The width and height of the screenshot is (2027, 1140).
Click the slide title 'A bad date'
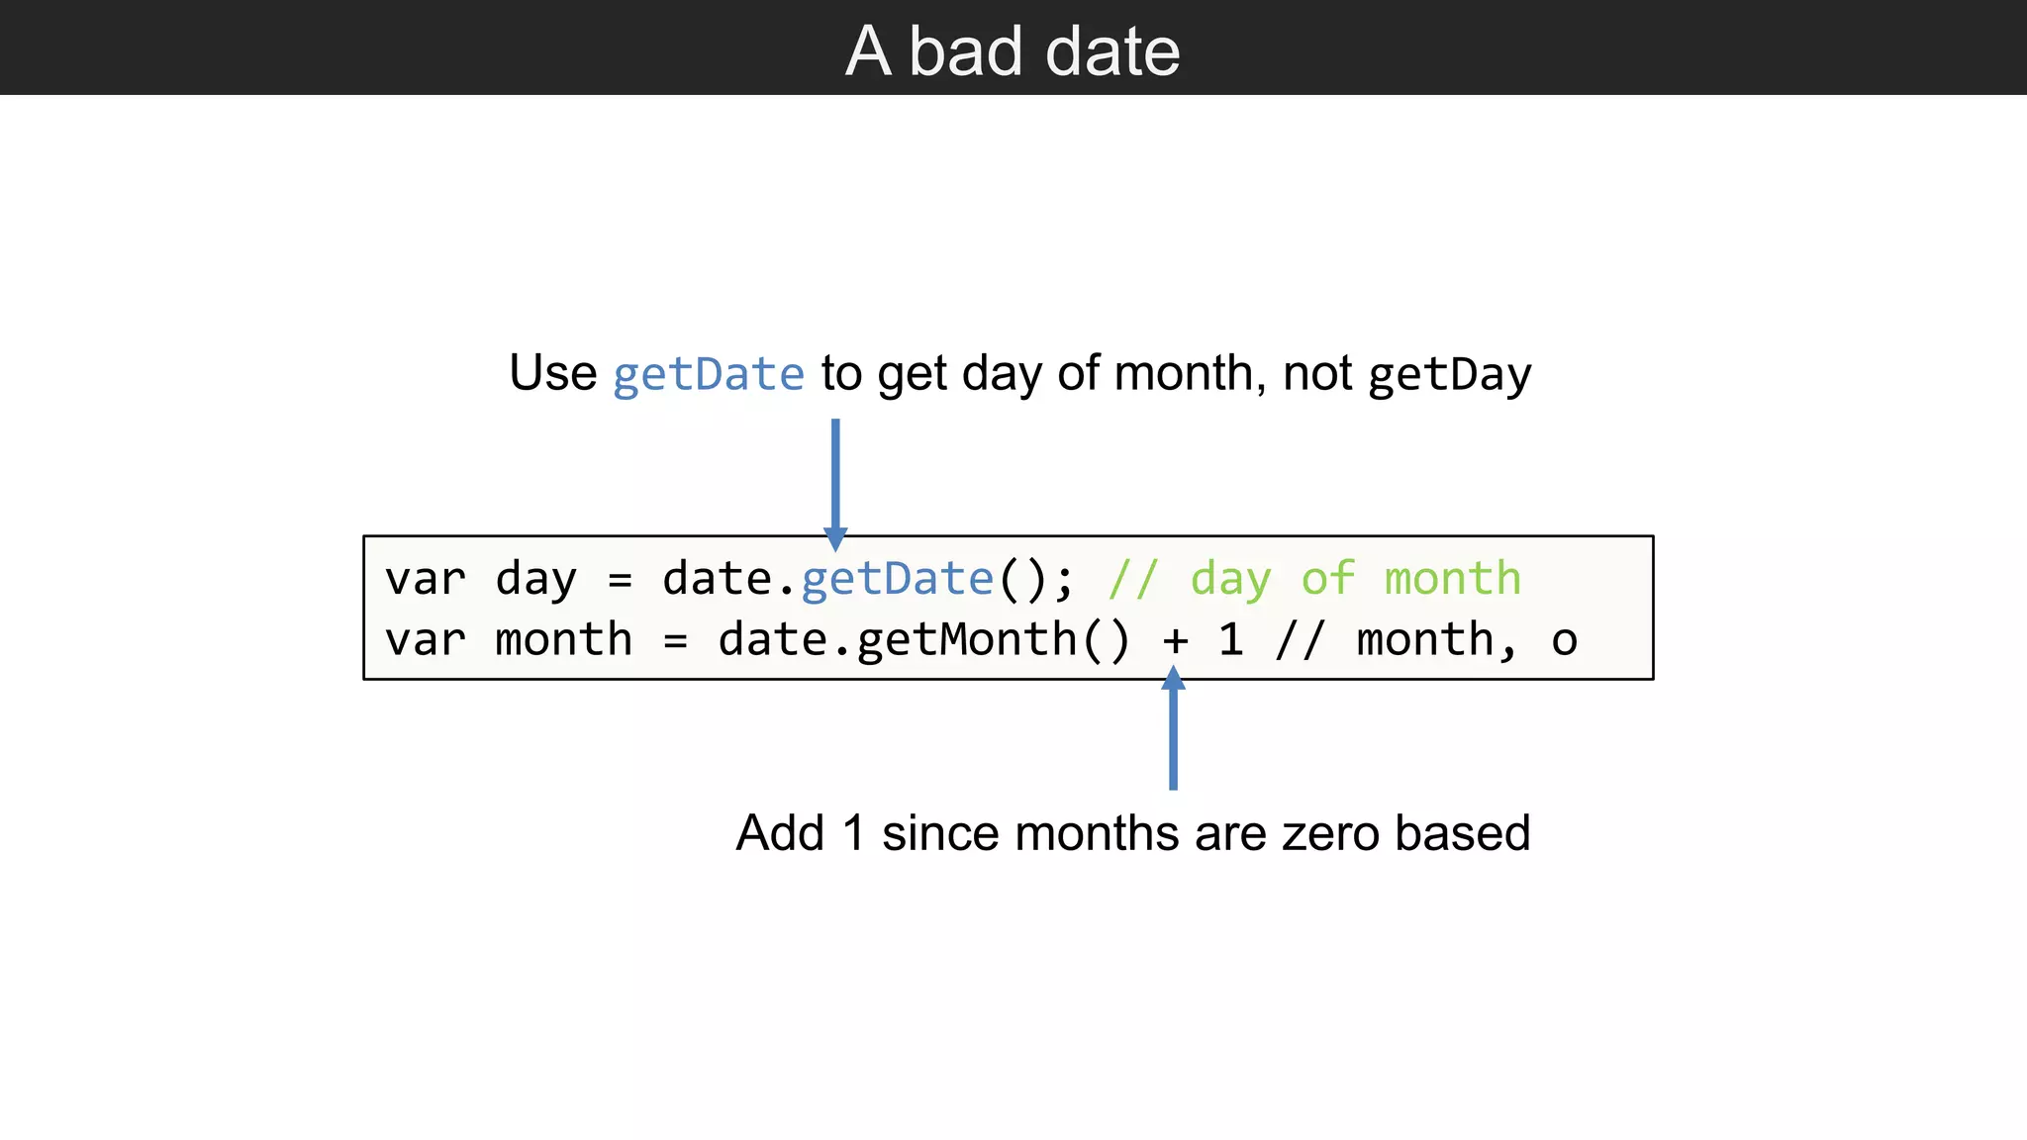[x=1013, y=51]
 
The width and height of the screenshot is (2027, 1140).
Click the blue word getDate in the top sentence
[x=709, y=375]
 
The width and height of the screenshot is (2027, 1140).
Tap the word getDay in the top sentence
[x=1450, y=375]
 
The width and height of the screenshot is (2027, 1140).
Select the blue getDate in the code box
[x=897, y=579]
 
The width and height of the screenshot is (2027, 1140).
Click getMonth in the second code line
[x=966, y=640]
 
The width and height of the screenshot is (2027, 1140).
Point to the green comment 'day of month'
[x=1355, y=579]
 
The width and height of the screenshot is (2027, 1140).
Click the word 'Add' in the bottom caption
[x=780, y=833]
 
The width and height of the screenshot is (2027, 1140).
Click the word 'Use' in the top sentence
[x=552, y=374]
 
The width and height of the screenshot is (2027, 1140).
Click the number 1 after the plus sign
[x=1230, y=640]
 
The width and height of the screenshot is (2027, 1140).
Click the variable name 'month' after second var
[x=563, y=640]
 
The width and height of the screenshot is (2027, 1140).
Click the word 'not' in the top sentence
[x=1317, y=374]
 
